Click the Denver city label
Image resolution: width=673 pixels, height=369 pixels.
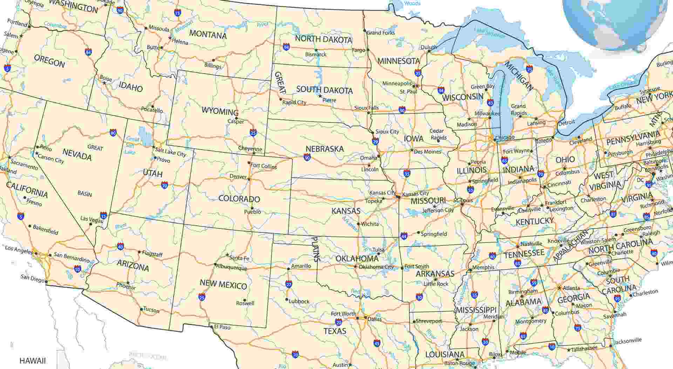[238, 176]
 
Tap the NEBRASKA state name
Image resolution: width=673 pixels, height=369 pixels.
[325, 149]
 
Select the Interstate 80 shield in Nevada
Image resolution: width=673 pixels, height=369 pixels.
[113, 133]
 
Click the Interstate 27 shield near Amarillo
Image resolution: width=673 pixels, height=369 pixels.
[288, 284]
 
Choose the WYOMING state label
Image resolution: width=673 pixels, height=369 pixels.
[220, 111]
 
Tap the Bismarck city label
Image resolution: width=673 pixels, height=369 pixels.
[315, 55]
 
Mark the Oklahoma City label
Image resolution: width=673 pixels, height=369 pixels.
[376, 267]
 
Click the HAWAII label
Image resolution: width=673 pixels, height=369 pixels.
[33, 361]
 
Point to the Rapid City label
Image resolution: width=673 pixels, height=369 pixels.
[294, 103]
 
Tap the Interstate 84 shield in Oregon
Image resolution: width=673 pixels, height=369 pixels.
[88, 53]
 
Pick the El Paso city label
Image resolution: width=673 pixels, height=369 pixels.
[222, 327]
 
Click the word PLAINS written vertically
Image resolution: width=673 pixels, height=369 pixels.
[316, 249]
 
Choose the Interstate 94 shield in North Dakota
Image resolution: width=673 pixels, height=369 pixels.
[286, 47]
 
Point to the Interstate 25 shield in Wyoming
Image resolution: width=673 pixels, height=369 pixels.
[253, 132]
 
